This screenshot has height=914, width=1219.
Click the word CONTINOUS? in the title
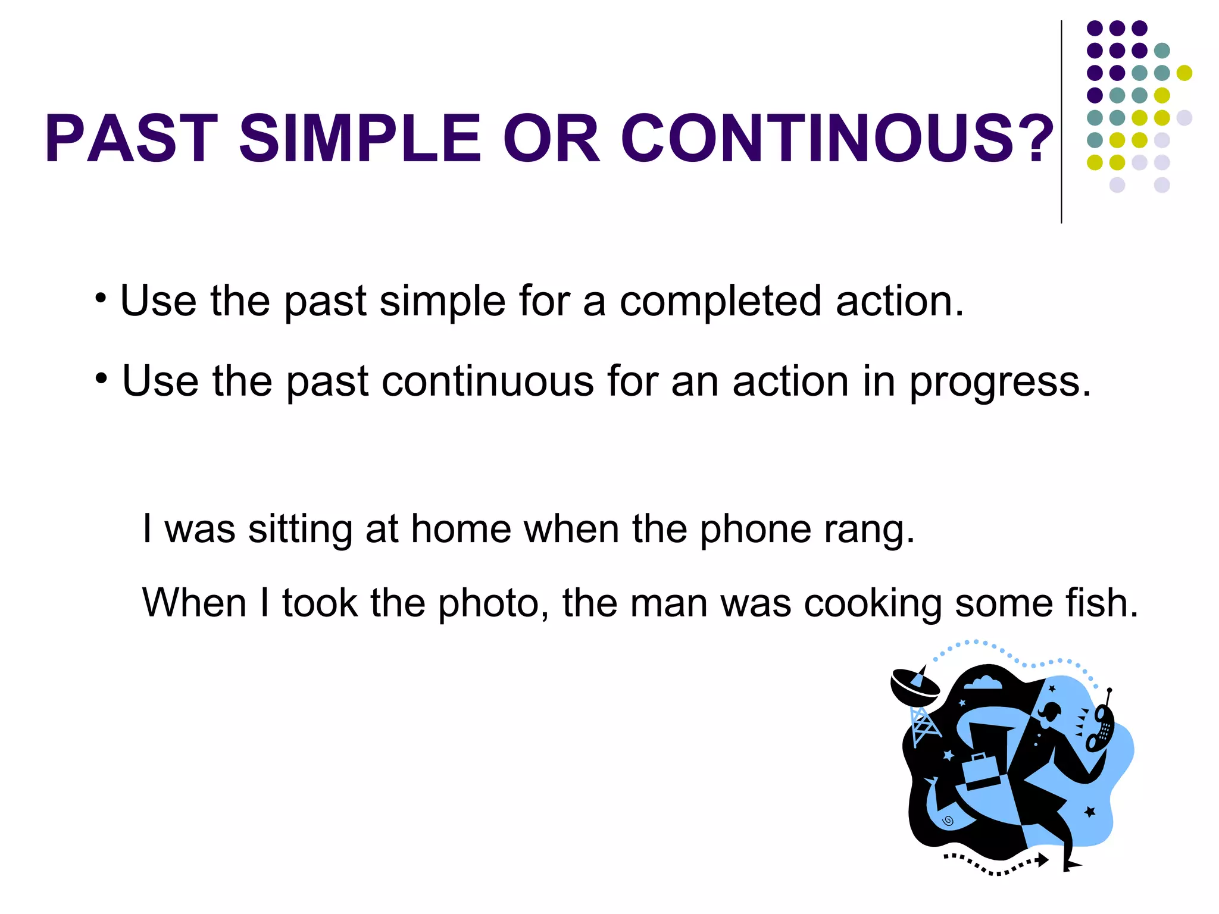[x=836, y=138]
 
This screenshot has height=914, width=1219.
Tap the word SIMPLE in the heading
[x=360, y=138]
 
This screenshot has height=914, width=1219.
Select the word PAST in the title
[x=132, y=138]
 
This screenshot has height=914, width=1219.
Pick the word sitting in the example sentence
[x=300, y=529]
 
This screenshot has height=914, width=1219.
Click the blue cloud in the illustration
[x=983, y=683]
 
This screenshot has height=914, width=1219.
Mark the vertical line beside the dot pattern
[x=1061, y=122]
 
